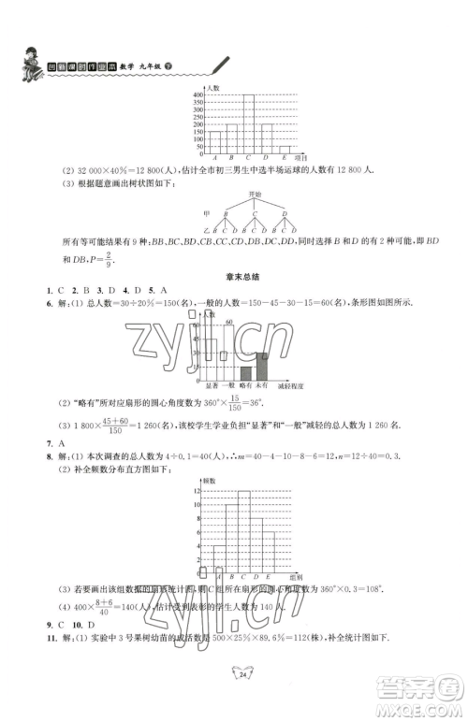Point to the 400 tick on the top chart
[x=198, y=94]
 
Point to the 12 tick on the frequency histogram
[x=198, y=491]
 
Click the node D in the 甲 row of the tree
[x=285, y=214]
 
